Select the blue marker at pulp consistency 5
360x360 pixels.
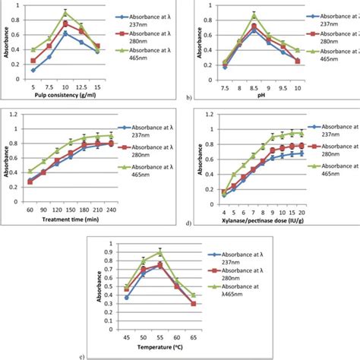[33, 70]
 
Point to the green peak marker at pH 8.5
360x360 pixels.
[254, 15]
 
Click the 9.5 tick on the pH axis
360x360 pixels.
[282, 88]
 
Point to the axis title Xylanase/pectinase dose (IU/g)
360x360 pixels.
[263, 222]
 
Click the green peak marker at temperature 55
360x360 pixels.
[159, 251]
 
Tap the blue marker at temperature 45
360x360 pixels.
[126, 297]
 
